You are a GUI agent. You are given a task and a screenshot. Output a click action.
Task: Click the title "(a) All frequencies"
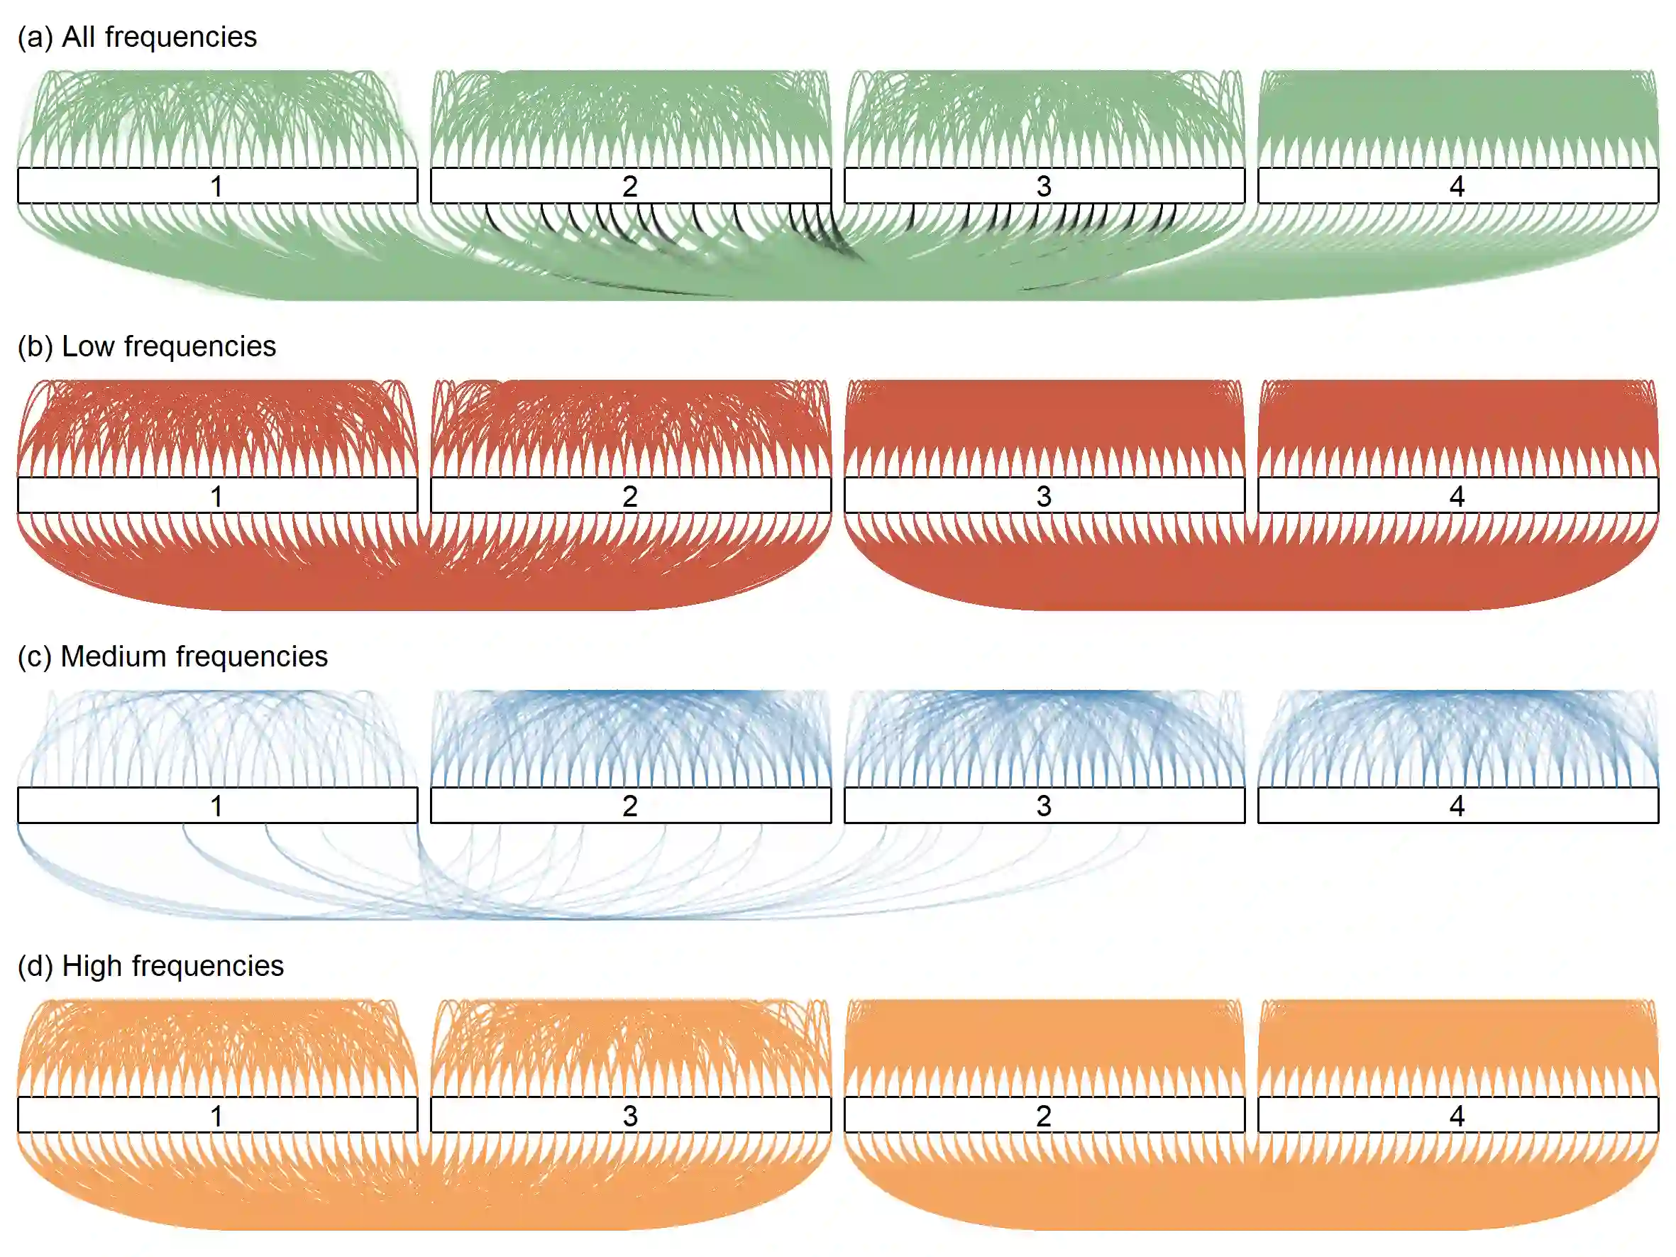point(137,36)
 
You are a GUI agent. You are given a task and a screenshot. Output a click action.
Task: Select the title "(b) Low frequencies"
point(146,346)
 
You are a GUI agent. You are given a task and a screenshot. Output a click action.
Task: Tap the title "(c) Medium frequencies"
point(172,656)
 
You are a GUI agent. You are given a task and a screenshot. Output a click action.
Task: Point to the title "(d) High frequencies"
point(150,966)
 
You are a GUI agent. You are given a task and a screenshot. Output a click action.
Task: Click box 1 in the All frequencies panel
point(217,186)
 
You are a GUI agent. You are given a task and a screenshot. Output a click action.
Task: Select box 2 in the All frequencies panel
point(630,186)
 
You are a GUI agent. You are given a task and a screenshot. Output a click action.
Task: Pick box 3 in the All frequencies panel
point(1044,186)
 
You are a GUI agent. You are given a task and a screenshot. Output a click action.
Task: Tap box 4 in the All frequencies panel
point(1457,186)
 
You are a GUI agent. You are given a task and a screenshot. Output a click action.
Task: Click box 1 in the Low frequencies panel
point(217,495)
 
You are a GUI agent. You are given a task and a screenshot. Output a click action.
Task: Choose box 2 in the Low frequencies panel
point(630,495)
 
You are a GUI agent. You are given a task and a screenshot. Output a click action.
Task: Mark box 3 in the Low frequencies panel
point(1044,495)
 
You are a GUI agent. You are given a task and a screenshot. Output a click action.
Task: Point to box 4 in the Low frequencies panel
point(1457,495)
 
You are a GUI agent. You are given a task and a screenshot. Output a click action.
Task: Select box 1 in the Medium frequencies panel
point(217,805)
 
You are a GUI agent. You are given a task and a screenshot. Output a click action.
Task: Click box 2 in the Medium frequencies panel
point(630,805)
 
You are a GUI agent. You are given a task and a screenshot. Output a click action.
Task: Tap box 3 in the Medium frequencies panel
point(1044,805)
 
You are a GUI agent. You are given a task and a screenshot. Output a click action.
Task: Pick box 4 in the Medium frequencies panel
point(1457,805)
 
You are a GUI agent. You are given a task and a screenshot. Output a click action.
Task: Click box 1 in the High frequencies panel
point(217,1114)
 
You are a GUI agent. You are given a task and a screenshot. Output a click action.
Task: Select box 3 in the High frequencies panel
point(630,1114)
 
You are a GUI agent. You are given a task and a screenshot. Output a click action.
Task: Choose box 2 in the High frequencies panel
point(1044,1114)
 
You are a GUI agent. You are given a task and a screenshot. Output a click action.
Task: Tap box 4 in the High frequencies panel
point(1457,1114)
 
